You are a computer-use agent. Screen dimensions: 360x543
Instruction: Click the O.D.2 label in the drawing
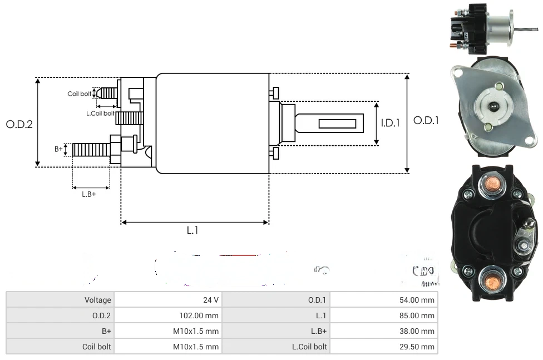pos(19,124)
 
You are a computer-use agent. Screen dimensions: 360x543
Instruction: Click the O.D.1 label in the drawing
pos(426,120)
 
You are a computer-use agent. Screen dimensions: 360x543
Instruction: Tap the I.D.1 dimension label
pos(390,123)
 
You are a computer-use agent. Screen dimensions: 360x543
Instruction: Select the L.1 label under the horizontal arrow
pos(192,231)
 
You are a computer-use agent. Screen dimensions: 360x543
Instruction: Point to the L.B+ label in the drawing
pos(89,194)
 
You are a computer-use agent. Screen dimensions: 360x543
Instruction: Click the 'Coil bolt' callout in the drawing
pos(80,94)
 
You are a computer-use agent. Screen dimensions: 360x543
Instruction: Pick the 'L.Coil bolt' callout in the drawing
pos(100,113)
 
